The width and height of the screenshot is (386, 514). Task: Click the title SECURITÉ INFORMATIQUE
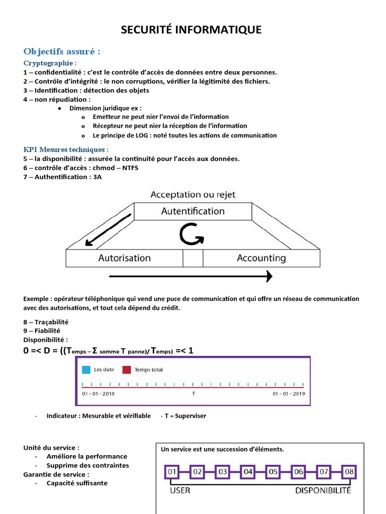(x=191, y=30)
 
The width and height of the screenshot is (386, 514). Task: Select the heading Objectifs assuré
(x=62, y=52)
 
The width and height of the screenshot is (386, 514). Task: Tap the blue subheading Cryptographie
(x=50, y=63)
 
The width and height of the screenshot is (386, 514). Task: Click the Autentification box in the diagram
(x=192, y=211)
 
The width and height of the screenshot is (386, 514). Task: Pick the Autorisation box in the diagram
(x=124, y=259)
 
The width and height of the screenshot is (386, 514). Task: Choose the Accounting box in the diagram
(x=261, y=259)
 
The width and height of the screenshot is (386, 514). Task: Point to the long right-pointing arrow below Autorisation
(x=190, y=276)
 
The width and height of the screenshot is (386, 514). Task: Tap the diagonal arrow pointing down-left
(x=108, y=230)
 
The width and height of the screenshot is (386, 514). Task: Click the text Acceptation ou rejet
(x=192, y=195)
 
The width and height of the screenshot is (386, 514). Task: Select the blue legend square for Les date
(x=86, y=370)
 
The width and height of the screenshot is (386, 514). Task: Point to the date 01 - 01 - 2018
(x=99, y=394)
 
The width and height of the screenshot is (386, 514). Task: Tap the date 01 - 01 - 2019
(x=288, y=394)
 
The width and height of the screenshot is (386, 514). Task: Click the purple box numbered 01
(x=172, y=472)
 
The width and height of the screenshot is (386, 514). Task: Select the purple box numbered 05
(x=273, y=472)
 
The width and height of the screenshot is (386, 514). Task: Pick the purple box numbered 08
(x=348, y=472)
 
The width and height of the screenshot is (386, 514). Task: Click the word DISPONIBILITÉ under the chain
(x=323, y=490)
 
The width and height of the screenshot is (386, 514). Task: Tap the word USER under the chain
(x=180, y=490)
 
